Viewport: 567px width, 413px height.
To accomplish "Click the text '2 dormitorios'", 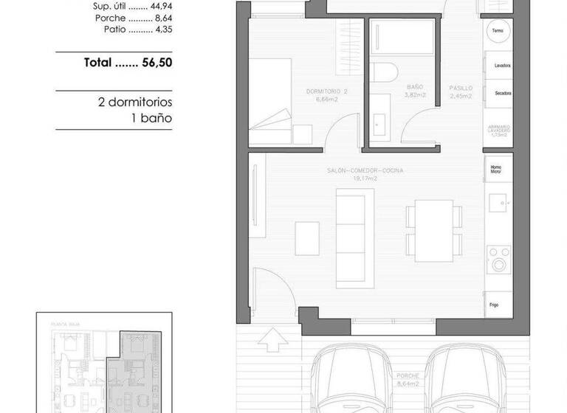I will pos(134,102).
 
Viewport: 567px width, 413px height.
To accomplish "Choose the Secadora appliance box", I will pos(498,94).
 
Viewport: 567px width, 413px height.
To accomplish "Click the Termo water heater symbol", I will pos(498,31).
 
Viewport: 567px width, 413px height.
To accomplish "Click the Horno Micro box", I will pos(496,169).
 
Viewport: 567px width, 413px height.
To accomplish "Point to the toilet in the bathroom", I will pos(384,74).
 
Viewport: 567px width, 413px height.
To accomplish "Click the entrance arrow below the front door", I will pos(272,341).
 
